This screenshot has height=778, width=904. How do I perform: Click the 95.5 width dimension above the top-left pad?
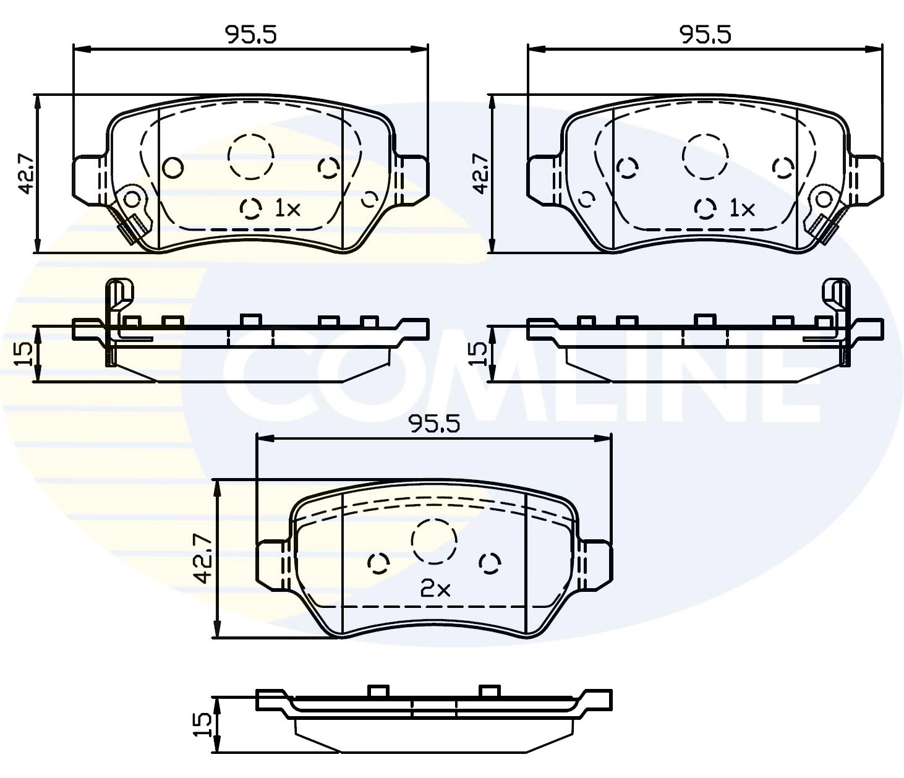pyautogui.click(x=250, y=35)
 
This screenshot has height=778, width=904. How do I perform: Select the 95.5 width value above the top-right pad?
pyautogui.click(x=705, y=35)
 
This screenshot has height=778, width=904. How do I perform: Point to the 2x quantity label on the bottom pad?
pyautogui.click(x=435, y=589)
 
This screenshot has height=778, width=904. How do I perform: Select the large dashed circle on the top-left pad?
pyautogui.click(x=250, y=156)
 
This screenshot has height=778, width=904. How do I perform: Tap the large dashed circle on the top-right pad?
pyautogui.click(x=706, y=156)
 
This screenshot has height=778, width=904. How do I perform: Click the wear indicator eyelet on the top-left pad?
pyautogui.click(x=132, y=199)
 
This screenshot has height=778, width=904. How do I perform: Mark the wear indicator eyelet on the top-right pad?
pyautogui.click(x=824, y=199)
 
